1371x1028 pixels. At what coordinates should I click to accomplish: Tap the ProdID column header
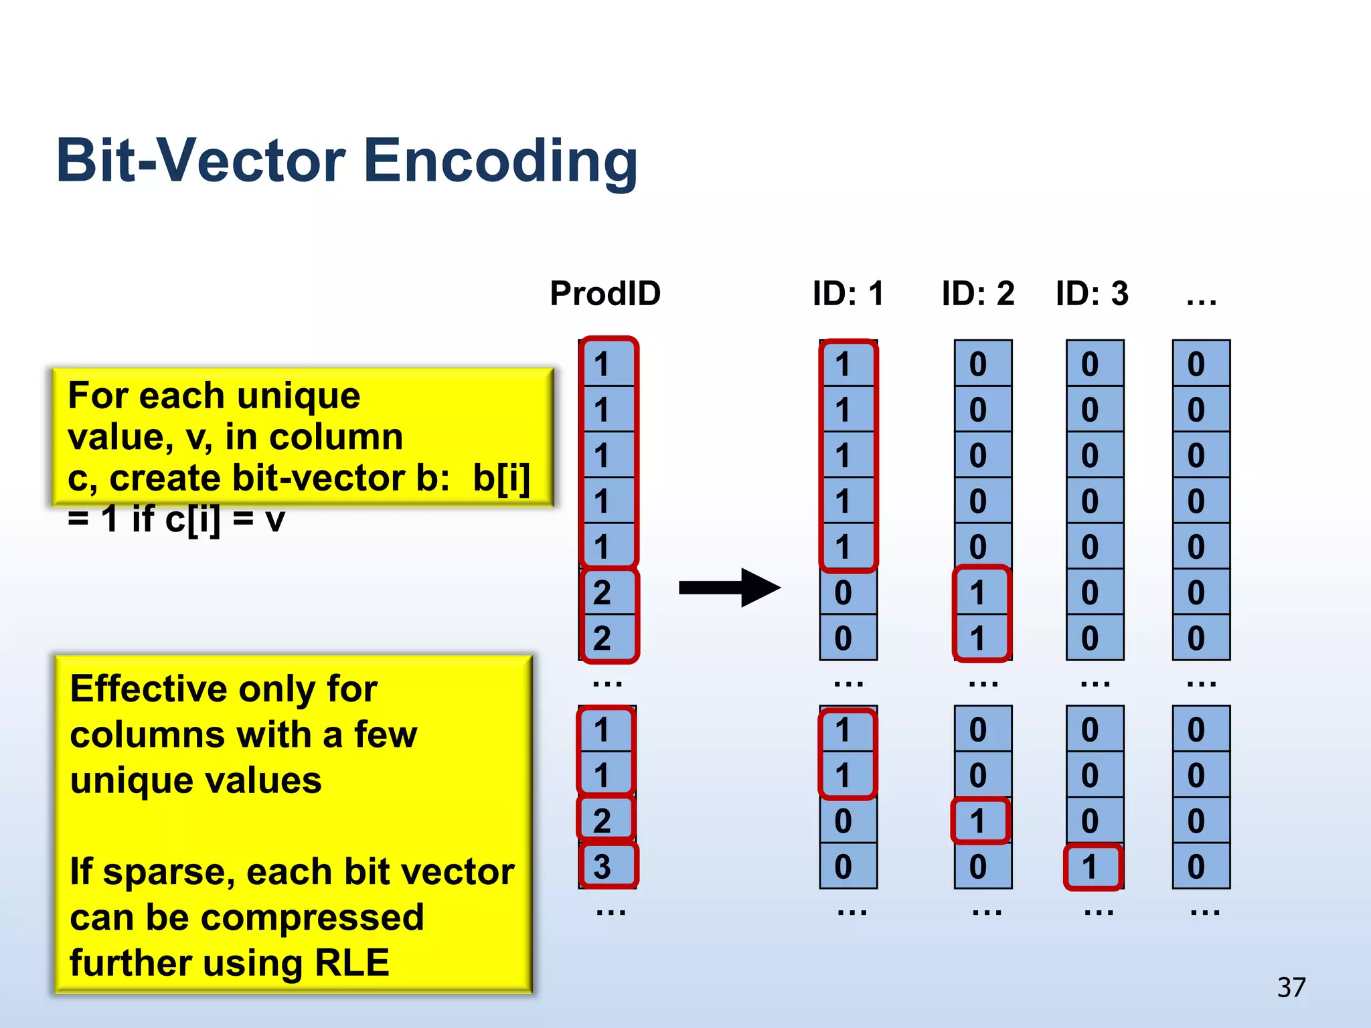click(605, 293)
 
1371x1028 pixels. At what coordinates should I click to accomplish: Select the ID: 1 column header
click(848, 293)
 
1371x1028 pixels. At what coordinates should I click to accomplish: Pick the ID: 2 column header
click(978, 293)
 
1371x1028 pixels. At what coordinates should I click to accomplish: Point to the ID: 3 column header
click(1092, 293)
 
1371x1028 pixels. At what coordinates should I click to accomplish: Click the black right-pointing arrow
click(730, 588)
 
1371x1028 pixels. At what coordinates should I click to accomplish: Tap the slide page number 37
click(1291, 987)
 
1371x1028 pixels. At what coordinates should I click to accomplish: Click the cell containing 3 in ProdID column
click(606, 867)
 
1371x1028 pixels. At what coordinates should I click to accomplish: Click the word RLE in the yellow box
click(352, 962)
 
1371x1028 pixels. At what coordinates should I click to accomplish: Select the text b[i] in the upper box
click(501, 478)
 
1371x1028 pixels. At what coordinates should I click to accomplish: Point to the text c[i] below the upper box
click(193, 519)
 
